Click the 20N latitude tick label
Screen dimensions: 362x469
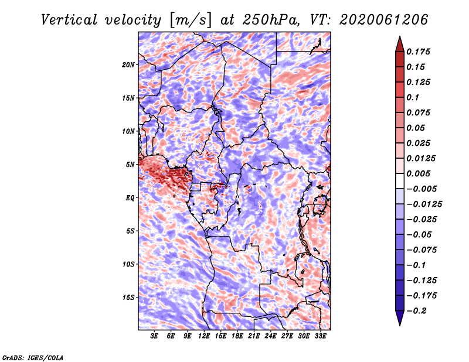click(128, 64)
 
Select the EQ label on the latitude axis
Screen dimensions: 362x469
click(130, 198)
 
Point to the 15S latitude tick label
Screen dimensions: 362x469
click(128, 298)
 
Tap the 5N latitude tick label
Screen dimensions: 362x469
click(130, 165)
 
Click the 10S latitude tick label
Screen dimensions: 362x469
click(128, 264)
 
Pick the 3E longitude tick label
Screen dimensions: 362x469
click(155, 337)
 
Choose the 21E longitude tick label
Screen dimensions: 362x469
click(254, 337)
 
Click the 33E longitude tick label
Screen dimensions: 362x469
click(321, 337)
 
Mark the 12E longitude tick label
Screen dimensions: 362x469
click(205, 337)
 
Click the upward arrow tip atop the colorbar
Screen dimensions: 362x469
click(399, 37)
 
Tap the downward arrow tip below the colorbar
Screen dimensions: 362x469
click(399, 324)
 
